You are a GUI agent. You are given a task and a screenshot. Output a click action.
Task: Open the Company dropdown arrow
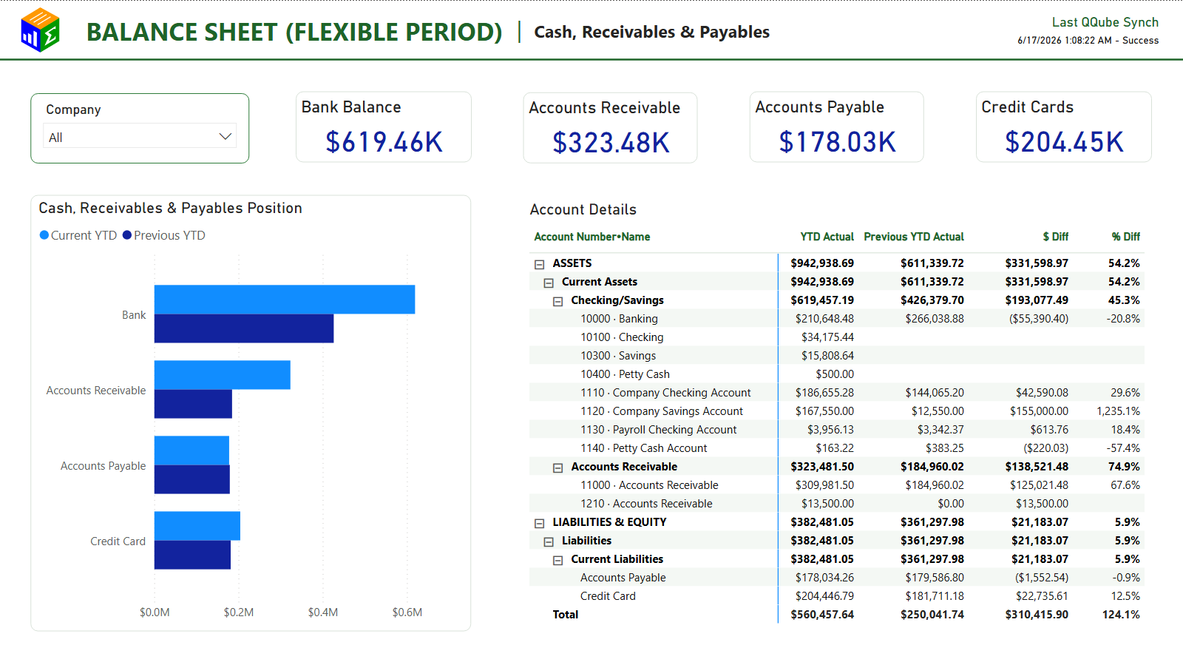(226, 137)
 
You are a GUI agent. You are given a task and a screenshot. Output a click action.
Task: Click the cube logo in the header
(40, 30)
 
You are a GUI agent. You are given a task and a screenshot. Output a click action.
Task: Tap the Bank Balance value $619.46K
(384, 142)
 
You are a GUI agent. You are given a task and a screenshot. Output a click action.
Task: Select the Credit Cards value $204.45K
(1064, 142)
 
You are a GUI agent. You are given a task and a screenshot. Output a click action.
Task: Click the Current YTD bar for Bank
(285, 300)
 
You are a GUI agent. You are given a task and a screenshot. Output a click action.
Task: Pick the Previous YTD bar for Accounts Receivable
(193, 404)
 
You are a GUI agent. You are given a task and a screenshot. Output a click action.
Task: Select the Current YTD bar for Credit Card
(197, 526)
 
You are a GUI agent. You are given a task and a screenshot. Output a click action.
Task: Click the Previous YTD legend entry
(164, 235)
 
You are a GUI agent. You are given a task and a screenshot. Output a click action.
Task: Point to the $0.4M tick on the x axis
(322, 612)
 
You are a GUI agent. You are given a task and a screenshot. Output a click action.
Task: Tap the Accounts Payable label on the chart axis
(103, 466)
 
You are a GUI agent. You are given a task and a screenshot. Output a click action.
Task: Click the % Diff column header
(1125, 237)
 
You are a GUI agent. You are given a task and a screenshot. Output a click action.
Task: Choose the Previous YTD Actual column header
(914, 237)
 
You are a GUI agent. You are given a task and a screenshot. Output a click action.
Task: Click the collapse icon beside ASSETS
(539, 264)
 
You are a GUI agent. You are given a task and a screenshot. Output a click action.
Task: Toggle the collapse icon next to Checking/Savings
(557, 301)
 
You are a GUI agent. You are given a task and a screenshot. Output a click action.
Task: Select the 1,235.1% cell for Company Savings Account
(1118, 411)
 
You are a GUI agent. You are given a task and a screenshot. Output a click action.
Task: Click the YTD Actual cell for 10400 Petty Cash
(835, 374)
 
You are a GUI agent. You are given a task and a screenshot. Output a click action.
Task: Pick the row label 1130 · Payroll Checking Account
(659, 430)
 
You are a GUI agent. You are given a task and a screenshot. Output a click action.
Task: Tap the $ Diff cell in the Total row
(1036, 614)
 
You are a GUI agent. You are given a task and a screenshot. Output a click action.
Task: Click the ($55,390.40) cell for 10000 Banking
(1038, 319)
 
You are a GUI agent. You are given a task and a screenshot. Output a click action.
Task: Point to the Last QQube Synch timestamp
(1088, 40)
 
